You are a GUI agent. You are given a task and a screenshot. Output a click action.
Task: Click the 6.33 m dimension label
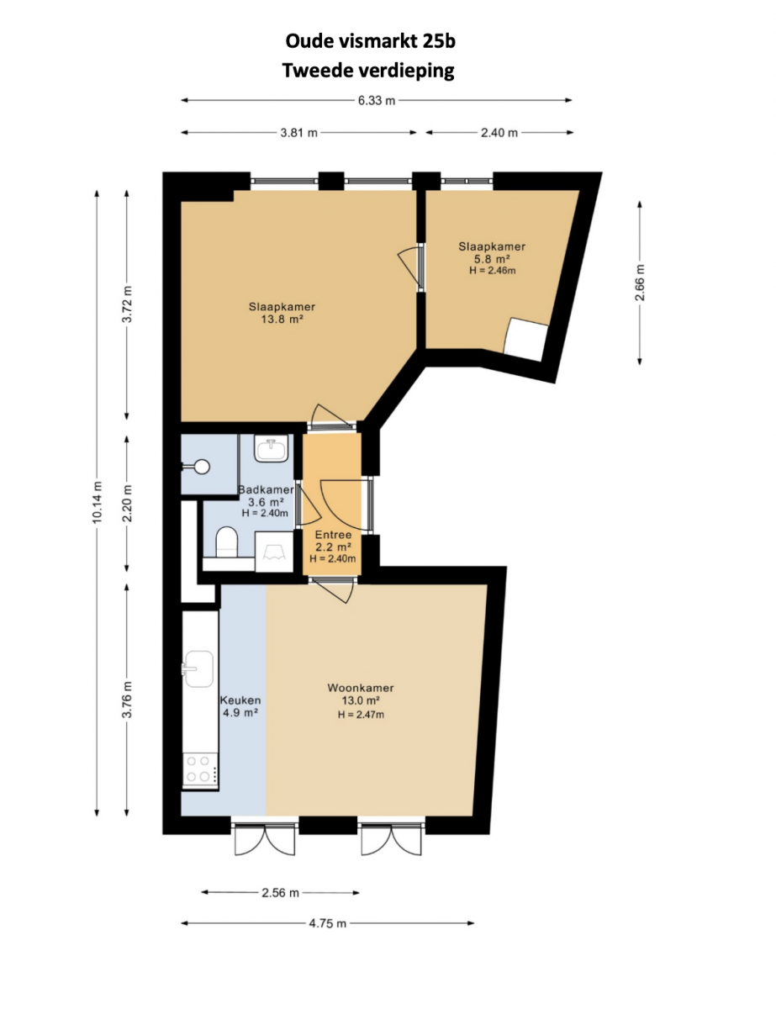pyautogui.click(x=376, y=100)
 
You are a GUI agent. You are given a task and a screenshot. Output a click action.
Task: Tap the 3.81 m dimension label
pyautogui.click(x=298, y=133)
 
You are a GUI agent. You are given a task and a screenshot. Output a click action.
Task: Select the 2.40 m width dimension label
pyautogui.click(x=499, y=133)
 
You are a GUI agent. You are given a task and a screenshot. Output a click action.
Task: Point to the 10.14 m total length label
pyautogui.click(x=97, y=503)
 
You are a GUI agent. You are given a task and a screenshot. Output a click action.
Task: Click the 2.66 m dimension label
pyautogui.click(x=640, y=283)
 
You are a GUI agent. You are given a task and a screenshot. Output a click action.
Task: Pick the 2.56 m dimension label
pyautogui.click(x=280, y=892)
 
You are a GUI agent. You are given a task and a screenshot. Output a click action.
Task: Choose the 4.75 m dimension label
pyautogui.click(x=328, y=923)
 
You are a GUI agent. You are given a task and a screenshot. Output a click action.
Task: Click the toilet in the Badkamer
pyautogui.click(x=226, y=541)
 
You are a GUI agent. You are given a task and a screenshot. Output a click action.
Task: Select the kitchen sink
pyautogui.click(x=198, y=668)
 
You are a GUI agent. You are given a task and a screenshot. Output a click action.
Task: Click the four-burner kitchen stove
pyautogui.click(x=200, y=769)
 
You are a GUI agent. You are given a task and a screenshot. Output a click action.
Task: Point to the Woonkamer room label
pyautogui.click(x=360, y=688)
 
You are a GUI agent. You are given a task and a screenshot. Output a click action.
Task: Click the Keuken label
pyautogui.click(x=240, y=700)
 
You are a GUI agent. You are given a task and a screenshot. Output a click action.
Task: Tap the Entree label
pyautogui.click(x=333, y=535)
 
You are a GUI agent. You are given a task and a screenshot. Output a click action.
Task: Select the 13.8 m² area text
pyautogui.click(x=282, y=319)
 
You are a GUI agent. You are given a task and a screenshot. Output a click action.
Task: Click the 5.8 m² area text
pyautogui.click(x=492, y=259)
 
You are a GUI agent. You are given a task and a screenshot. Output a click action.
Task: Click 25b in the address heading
pyautogui.click(x=439, y=41)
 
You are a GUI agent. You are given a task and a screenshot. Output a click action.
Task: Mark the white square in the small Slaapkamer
pyautogui.click(x=525, y=340)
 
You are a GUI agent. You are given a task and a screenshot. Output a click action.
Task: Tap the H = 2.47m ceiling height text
pyautogui.click(x=361, y=715)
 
